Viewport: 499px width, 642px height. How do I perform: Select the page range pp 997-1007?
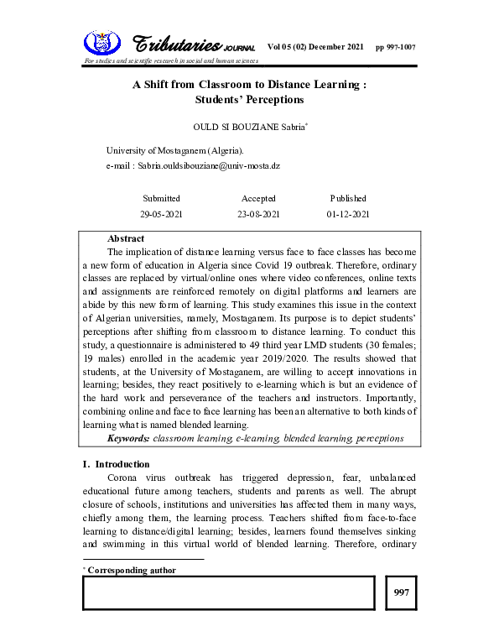tap(395, 46)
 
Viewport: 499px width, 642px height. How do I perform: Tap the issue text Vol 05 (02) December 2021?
tap(315, 46)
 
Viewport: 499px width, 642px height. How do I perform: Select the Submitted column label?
tap(161, 199)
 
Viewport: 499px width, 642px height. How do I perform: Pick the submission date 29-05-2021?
tap(161, 215)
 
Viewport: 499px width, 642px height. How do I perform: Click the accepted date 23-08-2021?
tap(259, 215)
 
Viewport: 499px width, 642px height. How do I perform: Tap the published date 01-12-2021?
tap(348, 215)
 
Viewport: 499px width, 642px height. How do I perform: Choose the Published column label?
tap(348, 199)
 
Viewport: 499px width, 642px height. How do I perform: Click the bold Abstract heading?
tap(126, 239)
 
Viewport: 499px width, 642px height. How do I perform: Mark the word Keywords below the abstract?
tap(128, 438)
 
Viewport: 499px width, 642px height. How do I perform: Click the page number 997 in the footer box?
tap(401, 593)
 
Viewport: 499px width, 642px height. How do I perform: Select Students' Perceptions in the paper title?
tap(248, 100)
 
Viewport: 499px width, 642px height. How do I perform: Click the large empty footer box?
tap(228, 593)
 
